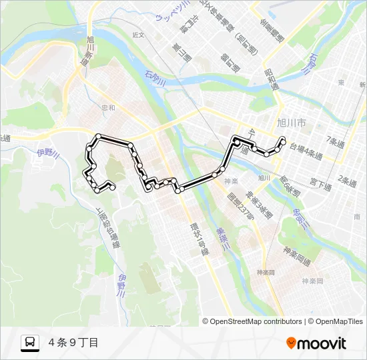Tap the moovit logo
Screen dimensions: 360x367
(316, 343)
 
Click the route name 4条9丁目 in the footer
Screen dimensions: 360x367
(73, 343)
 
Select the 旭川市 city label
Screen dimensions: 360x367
(291, 123)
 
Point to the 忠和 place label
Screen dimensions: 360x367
(108, 107)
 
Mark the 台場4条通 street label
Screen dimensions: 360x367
(305, 153)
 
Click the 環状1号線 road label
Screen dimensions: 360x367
(195, 237)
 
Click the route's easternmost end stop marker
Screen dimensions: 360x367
(284, 140)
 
